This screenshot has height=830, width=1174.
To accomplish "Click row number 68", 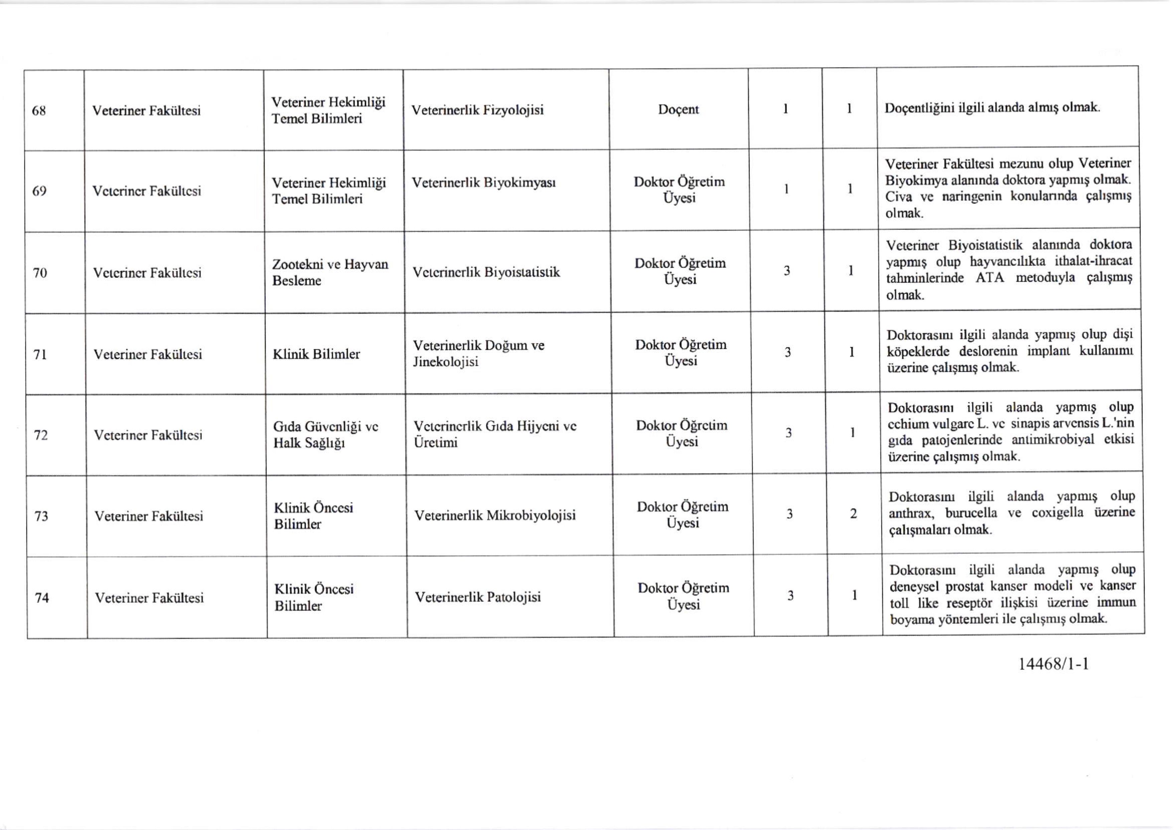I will coord(39,111).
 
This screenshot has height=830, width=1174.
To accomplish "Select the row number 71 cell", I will coord(40,354).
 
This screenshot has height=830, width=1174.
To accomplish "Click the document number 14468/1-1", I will coord(1054,664).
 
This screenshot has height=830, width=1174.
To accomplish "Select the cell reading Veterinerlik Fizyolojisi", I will coord(477,110).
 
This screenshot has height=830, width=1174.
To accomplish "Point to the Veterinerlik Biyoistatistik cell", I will coord(486,272).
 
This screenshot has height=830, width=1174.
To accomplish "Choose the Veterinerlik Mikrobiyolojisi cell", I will coord(494,515).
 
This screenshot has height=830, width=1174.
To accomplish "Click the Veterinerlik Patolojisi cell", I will coord(477,597).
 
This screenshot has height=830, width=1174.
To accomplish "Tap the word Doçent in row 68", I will coord(678,110).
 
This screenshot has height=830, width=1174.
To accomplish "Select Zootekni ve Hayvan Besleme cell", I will coord(330,272).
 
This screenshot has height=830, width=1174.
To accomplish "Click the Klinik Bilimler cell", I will coord(316,354).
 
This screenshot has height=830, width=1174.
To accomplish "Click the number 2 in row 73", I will coord(853,514).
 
